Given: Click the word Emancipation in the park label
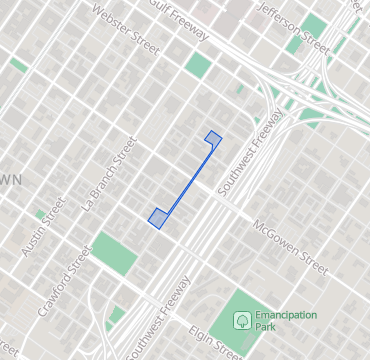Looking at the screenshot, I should click(286, 314).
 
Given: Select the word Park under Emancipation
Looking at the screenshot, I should click(266, 327).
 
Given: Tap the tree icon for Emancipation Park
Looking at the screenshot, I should click(241, 320).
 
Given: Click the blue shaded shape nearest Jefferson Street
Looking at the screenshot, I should click(212, 137).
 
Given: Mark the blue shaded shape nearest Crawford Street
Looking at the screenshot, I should click(157, 216).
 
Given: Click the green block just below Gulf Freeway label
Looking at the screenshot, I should click(198, 67).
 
